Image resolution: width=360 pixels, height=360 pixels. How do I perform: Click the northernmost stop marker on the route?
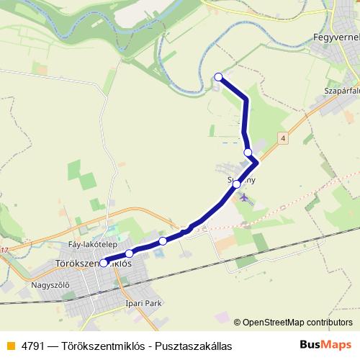click(x=218, y=76)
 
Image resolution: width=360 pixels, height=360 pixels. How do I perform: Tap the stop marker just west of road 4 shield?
click(x=248, y=153)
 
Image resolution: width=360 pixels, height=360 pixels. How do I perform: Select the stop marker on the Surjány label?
click(x=237, y=184)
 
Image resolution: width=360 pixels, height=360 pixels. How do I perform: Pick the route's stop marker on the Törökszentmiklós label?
click(x=104, y=263)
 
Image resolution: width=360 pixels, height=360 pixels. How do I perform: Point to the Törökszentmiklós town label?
click(x=94, y=264)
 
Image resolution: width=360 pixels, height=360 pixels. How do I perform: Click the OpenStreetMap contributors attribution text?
click(x=297, y=323)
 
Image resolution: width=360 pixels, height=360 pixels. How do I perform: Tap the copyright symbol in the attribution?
click(x=238, y=323)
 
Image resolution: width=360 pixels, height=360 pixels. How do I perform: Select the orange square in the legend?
click(x=10, y=346)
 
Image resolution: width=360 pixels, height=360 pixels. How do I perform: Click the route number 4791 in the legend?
click(x=33, y=346)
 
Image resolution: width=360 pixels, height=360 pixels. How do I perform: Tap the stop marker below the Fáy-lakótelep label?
click(x=130, y=253)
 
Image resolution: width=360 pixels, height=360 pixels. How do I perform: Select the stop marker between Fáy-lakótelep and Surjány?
click(x=163, y=240)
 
